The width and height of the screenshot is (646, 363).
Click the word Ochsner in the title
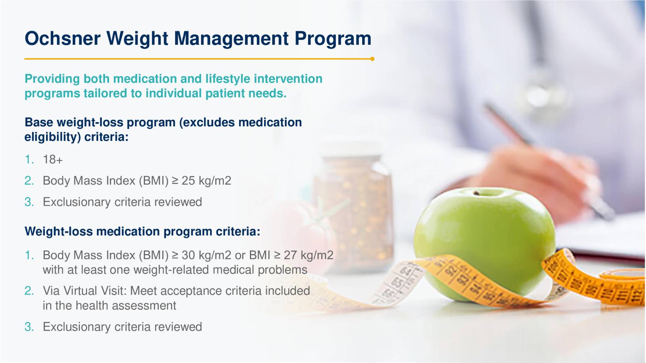(x=63, y=38)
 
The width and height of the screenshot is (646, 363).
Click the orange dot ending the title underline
(x=372, y=59)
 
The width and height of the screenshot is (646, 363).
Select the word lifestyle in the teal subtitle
(x=228, y=79)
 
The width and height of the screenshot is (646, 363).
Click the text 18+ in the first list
(x=53, y=159)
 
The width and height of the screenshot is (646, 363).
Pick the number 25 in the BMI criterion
(x=188, y=181)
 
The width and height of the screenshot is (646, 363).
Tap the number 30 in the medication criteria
(x=189, y=255)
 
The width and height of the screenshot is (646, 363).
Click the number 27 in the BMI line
(x=290, y=255)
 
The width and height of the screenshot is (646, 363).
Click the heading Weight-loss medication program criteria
(x=143, y=232)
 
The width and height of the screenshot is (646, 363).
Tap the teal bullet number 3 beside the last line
(x=29, y=327)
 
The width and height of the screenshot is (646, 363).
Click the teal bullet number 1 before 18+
(x=29, y=159)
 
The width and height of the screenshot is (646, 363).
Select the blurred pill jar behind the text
(x=353, y=210)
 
